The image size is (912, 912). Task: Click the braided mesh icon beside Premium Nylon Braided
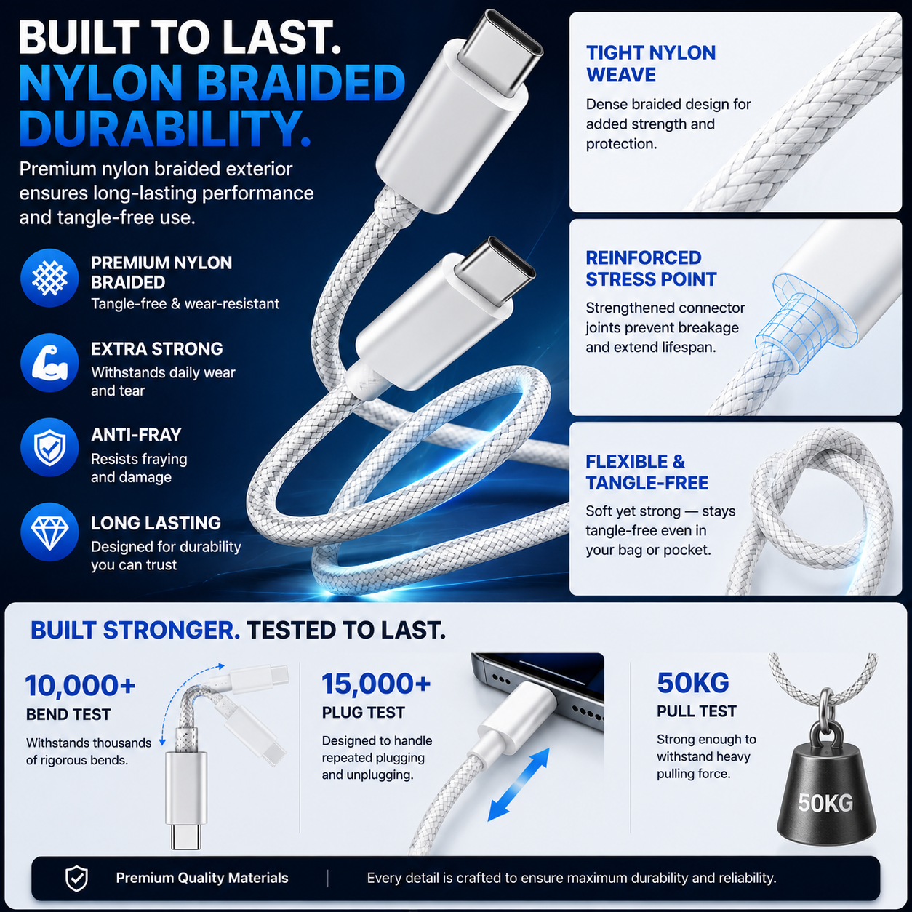coord(49,278)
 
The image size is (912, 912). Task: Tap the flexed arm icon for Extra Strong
coord(49,363)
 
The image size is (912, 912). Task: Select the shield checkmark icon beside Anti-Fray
coord(49,447)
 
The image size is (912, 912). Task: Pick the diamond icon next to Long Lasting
coord(49,532)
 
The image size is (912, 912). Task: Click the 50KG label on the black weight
coord(825,802)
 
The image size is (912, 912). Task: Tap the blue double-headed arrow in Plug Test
coord(519,784)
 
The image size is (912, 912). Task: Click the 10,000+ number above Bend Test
coord(81,685)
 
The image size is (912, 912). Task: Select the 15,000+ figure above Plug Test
coord(376,684)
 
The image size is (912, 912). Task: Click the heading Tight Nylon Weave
coord(651,64)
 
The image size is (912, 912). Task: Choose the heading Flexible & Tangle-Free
coord(647,472)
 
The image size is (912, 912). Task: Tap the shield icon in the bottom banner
coord(76,879)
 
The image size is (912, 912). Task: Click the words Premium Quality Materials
coord(202,878)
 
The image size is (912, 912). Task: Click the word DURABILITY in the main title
coord(164,128)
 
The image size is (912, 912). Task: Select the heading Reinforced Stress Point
coord(651,268)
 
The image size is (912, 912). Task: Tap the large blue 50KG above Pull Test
coord(693,682)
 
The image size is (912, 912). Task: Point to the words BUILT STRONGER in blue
coord(135,631)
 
